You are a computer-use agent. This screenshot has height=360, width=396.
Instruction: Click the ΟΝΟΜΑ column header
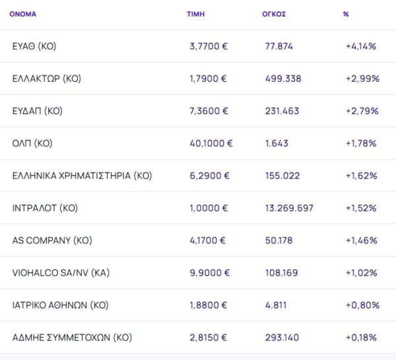[23, 14]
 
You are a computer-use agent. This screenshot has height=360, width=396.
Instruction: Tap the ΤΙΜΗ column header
[195, 14]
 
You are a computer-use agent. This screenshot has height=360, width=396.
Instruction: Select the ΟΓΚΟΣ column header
[274, 14]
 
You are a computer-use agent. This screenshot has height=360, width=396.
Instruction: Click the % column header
[346, 14]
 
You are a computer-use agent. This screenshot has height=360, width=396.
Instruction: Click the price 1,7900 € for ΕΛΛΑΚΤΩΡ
[208, 78]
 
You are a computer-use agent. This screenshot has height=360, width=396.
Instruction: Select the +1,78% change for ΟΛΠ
[361, 143]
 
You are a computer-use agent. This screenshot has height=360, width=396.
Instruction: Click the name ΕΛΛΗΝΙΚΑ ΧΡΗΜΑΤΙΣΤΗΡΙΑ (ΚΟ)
[82, 175]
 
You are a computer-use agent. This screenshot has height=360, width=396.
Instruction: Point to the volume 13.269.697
[289, 208]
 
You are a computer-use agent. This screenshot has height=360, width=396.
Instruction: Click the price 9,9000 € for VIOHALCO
[209, 272]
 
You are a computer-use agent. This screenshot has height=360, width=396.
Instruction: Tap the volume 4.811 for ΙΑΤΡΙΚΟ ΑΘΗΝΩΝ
[277, 305]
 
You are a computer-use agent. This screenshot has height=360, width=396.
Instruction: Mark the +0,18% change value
[361, 337]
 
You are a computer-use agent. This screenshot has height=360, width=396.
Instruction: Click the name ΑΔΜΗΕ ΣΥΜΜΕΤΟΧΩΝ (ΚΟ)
[72, 337]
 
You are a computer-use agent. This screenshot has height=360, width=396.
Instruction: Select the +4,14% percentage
[361, 46]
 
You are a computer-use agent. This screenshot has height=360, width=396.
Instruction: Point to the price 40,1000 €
[211, 143]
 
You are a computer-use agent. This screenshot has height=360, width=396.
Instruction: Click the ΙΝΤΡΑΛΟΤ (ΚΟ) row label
[45, 208]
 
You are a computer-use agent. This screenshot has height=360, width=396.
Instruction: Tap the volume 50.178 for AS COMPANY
[279, 240]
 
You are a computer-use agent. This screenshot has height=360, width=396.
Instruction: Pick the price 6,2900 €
[209, 175]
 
